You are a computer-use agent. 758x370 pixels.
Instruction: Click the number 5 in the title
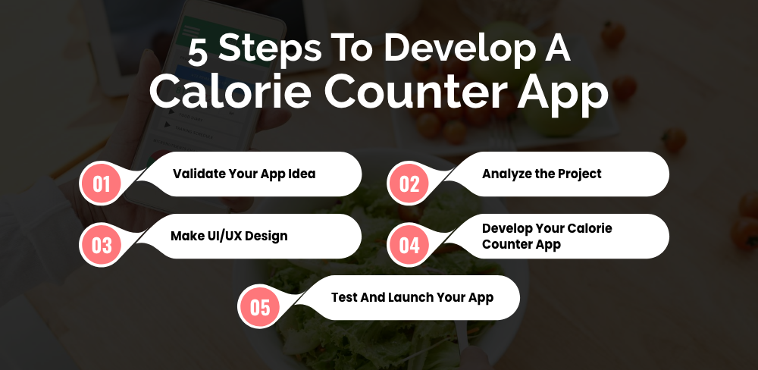pyautogui.click(x=198, y=52)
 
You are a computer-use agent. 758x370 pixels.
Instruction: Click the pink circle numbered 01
pyautogui.click(x=101, y=183)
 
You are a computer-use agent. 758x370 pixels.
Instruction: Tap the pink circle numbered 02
pyautogui.click(x=409, y=183)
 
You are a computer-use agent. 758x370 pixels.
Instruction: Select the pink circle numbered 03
pyautogui.click(x=101, y=246)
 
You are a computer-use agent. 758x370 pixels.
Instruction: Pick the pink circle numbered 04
pyautogui.click(x=409, y=246)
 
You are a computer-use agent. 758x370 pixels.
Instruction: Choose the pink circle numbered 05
pyautogui.click(x=259, y=308)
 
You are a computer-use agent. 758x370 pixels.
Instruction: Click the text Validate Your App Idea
pyautogui.click(x=244, y=174)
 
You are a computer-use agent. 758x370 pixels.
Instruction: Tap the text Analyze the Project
pyautogui.click(x=541, y=174)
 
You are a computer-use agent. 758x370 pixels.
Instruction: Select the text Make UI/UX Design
pyautogui.click(x=229, y=236)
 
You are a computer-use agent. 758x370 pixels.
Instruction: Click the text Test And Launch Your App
pyautogui.click(x=412, y=297)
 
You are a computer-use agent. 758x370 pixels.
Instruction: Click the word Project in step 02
pyautogui.click(x=580, y=174)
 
